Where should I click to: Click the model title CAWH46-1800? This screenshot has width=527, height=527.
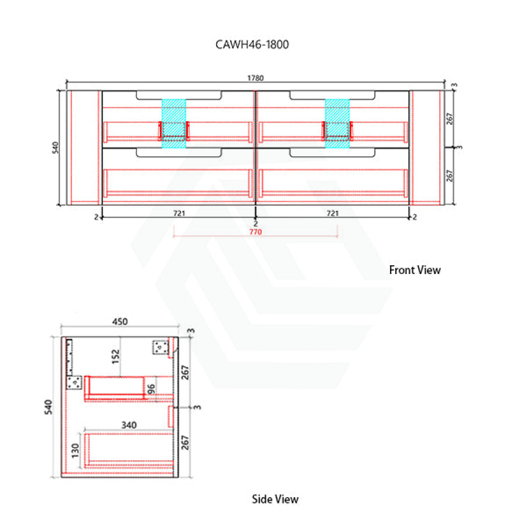tap(252, 45)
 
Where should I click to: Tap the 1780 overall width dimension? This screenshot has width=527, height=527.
tap(255, 78)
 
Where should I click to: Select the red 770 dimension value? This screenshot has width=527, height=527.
tap(255, 232)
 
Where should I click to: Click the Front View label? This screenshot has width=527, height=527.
tap(415, 270)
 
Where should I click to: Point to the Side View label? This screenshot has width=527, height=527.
tap(275, 499)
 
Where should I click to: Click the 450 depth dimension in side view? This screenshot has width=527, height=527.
tap(120, 321)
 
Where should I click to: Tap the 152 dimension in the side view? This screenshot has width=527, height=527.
tap(115, 357)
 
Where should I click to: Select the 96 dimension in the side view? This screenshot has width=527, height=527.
tap(151, 389)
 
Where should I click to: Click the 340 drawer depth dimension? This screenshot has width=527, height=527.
tap(129, 425)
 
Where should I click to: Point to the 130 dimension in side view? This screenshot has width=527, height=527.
tap(76, 451)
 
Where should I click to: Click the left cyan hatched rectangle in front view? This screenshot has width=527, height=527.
tap(174, 124)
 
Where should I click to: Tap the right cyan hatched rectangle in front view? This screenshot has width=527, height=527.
tap(337, 124)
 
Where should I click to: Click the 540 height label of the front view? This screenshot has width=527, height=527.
tap(55, 148)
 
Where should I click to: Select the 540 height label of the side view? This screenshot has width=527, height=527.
tap(49, 407)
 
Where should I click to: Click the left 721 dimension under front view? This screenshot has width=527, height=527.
tap(179, 213)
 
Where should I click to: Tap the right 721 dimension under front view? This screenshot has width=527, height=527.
tap(333, 213)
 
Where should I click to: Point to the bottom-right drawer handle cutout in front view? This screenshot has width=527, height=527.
tap(332, 153)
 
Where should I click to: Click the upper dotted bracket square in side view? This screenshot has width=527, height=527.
tap(160, 347)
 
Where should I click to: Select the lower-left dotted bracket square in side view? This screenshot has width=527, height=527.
tap(74, 382)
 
